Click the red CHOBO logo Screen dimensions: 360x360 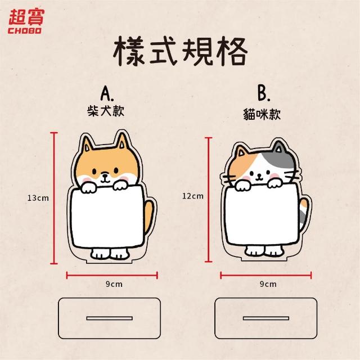click(25, 21)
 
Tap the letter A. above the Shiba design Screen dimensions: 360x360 click(107, 94)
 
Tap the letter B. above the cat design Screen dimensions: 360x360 click(264, 94)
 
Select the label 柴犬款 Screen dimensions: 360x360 click(106, 111)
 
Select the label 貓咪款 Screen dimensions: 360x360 click(262, 114)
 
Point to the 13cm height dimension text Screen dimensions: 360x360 click(38, 198)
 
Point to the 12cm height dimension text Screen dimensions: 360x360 click(193, 196)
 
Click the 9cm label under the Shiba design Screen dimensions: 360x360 click(114, 284)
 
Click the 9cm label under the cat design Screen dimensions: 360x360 click(268, 284)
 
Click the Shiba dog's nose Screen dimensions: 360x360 click(105, 175)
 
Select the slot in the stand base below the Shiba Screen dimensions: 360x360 click(110, 318)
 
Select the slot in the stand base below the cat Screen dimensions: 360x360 click(266, 318)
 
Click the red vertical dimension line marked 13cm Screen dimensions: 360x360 click(54, 198)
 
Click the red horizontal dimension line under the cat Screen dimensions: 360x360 click(266, 275)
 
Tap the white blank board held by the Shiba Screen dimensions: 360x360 click(107, 217)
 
